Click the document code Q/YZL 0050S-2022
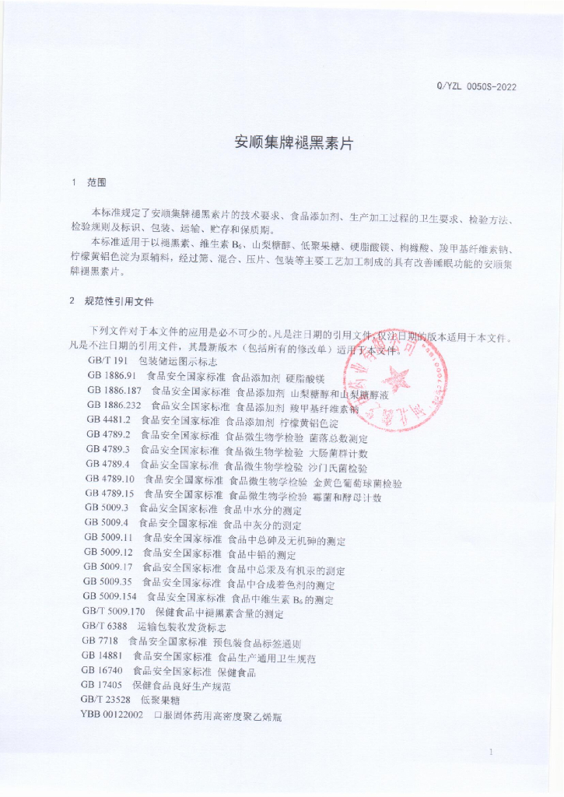pyautogui.click(x=476, y=86)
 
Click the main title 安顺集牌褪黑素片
pyautogui.click(x=282, y=143)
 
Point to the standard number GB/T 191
pyautogui.click(x=107, y=362)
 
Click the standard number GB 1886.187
pyautogui.click(x=114, y=391)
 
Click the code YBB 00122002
pyautogui.click(x=111, y=714)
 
